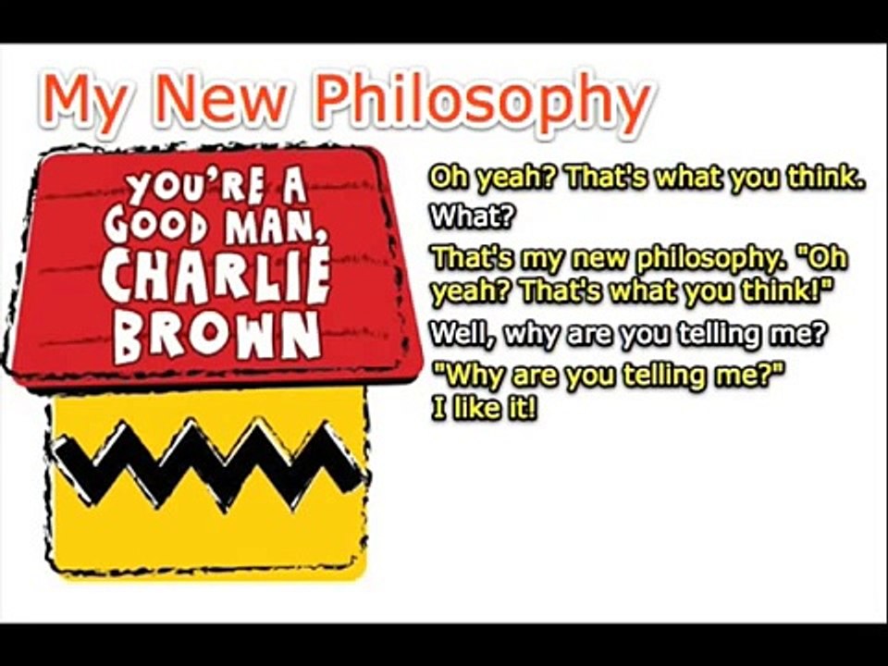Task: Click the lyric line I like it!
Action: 484,409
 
